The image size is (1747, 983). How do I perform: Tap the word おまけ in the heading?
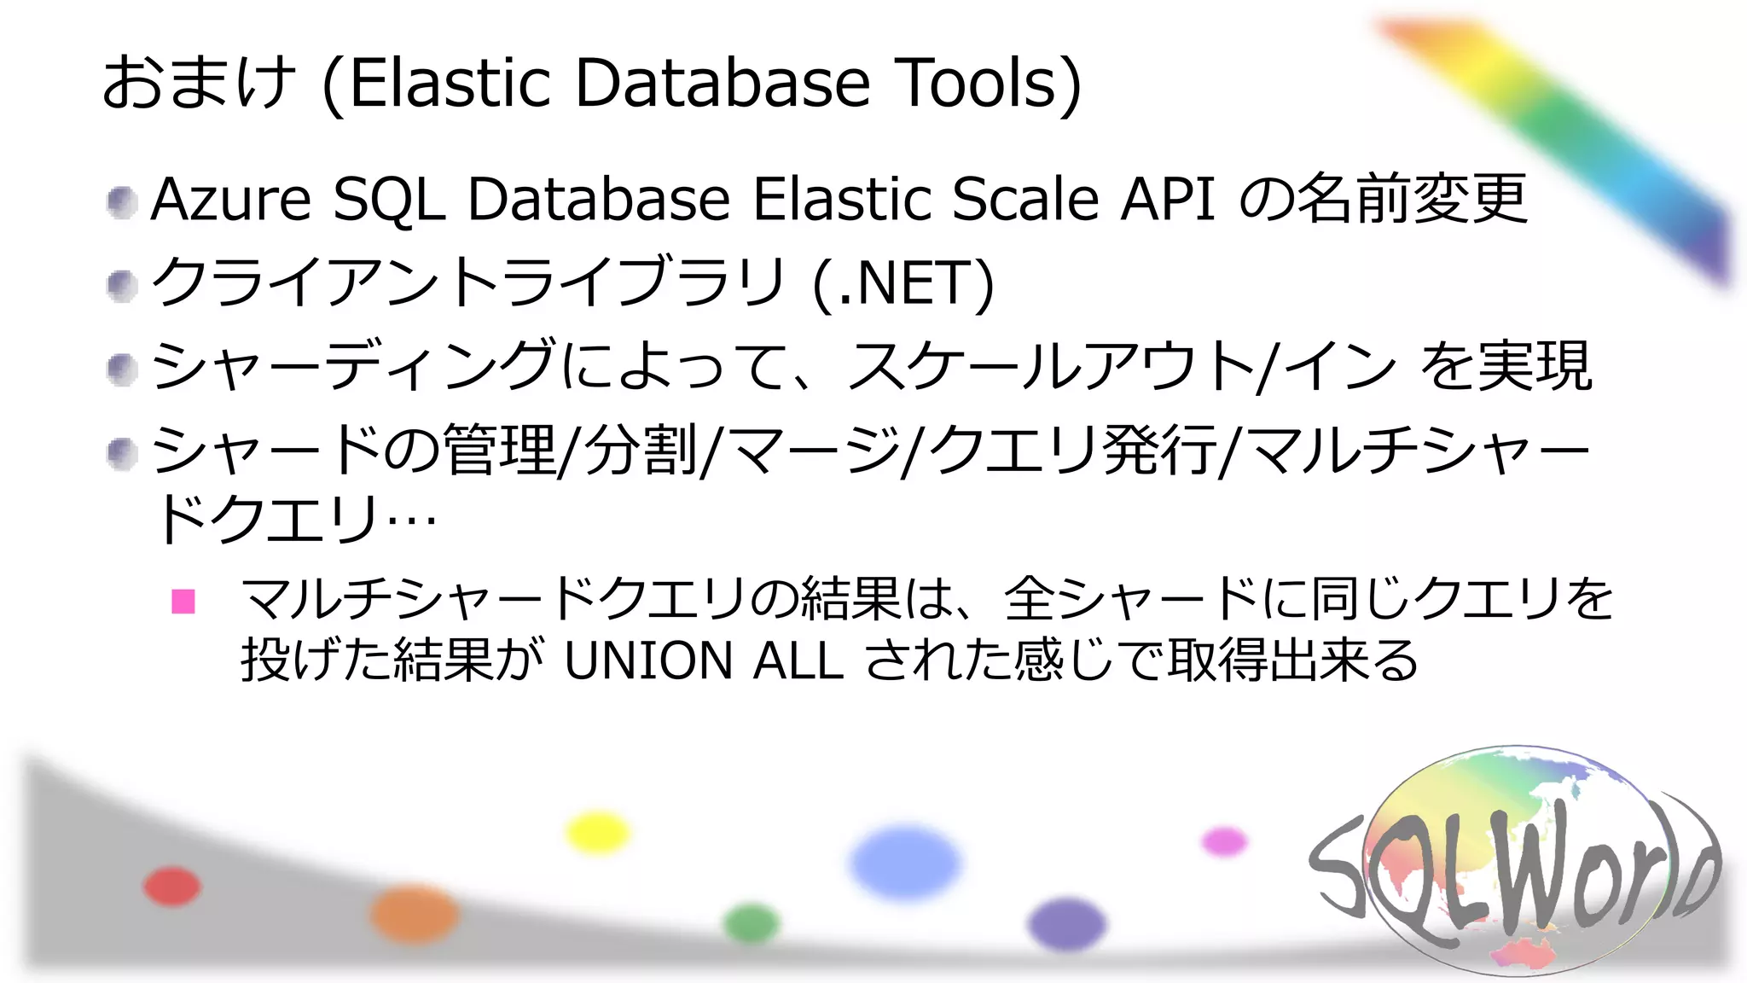click(199, 83)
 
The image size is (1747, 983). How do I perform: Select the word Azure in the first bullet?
click(230, 199)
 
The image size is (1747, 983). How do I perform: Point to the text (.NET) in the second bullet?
click(903, 282)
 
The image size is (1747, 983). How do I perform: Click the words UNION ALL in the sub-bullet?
click(704, 660)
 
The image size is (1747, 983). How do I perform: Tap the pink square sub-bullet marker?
click(183, 602)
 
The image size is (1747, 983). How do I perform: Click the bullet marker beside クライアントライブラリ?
click(122, 285)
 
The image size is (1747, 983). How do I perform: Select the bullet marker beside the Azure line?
click(122, 202)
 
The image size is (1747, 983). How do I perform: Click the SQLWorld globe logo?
click(1514, 862)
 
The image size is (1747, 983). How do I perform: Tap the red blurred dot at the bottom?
click(172, 886)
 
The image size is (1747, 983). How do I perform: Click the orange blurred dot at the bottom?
click(415, 913)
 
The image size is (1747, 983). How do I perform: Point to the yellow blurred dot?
click(598, 833)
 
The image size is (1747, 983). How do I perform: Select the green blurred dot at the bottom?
click(752, 923)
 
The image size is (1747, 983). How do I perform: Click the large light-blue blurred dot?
click(905, 862)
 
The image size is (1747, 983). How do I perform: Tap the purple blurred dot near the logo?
click(1066, 924)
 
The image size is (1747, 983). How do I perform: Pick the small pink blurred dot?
click(1224, 841)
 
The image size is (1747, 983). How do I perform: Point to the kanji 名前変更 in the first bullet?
click(1412, 199)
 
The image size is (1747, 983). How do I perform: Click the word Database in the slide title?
click(723, 83)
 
